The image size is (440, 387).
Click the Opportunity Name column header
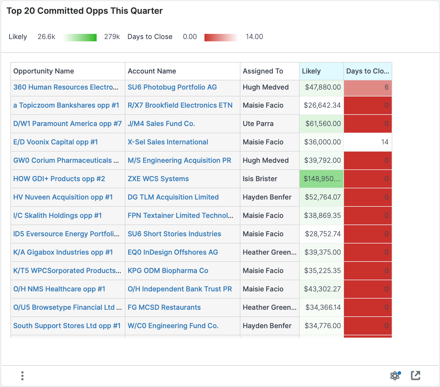44,71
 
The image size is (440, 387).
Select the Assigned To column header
263,71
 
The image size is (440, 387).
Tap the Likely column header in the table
311,71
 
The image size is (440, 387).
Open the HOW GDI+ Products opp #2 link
59,179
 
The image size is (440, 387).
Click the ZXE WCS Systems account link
158,179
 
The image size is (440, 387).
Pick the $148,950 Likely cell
322,179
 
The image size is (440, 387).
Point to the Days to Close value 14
384,142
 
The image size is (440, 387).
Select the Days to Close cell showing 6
368,87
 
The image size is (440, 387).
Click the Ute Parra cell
258,123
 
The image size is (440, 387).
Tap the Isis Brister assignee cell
260,179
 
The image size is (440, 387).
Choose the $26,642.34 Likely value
322,105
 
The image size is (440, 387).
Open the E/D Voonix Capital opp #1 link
56,142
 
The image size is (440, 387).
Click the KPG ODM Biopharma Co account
168,270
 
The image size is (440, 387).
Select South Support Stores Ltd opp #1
67,326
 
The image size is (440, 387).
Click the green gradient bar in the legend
80,38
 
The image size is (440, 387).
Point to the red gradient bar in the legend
221,38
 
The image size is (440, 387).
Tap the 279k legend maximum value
112,37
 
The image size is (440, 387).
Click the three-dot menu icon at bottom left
22,376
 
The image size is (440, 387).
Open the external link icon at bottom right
416,376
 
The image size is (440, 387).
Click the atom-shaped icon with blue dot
395,376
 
